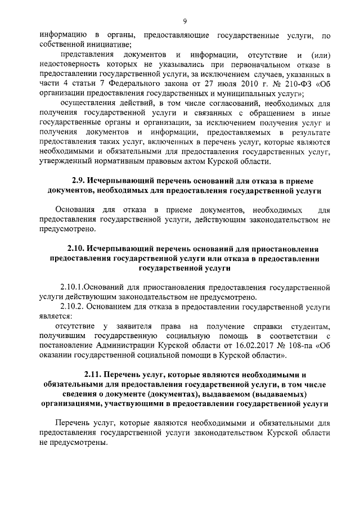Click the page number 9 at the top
184,22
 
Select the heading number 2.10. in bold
78,249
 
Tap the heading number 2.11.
94,374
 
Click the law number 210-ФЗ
296,84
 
